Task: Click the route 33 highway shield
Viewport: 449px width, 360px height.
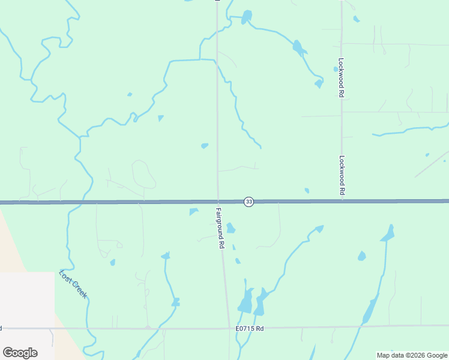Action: (x=249, y=202)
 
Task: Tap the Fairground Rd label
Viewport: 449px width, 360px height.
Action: (x=220, y=229)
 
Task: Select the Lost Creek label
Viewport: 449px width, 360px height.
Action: (x=73, y=284)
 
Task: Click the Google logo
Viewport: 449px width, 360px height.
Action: (x=20, y=353)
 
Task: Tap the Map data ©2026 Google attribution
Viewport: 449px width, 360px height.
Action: (x=412, y=355)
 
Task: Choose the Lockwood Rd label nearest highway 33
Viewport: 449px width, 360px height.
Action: (x=342, y=175)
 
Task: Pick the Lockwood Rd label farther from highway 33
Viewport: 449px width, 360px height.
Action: (x=340, y=78)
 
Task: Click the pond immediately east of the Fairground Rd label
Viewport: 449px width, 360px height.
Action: (x=231, y=228)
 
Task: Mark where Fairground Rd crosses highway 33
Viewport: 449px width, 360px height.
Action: (x=218, y=202)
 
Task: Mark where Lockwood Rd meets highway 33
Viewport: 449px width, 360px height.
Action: (x=342, y=201)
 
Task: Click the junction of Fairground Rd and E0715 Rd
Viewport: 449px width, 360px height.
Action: (x=229, y=328)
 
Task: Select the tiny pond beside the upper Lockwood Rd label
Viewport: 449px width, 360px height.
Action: (x=336, y=69)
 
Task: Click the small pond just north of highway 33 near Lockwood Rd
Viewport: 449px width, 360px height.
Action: (x=307, y=191)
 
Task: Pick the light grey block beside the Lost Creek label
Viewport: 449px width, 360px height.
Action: (x=27, y=300)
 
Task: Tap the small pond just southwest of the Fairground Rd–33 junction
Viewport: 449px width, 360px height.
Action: (x=193, y=211)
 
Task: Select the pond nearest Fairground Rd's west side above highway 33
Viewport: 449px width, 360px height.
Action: (x=205, y=145)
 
